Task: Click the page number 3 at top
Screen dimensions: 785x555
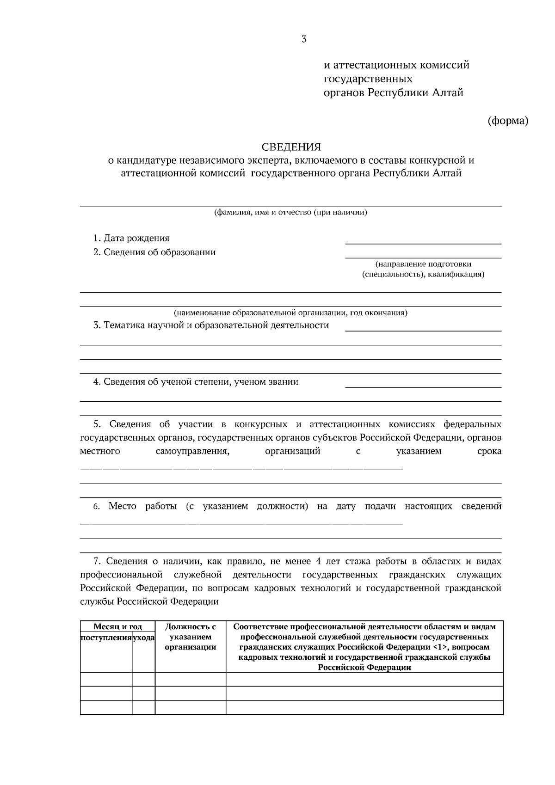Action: (304, 39)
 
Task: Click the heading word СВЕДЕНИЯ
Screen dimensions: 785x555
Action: (291, 147)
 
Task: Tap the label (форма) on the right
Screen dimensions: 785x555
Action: (508, 121)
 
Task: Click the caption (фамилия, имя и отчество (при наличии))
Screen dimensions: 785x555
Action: (290, 213)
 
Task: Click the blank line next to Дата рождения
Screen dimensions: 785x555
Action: (423, 242)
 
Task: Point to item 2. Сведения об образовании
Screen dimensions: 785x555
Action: (154, 252)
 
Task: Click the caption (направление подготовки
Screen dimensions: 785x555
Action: (423, 264)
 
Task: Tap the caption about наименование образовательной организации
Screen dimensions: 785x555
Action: (290, 313)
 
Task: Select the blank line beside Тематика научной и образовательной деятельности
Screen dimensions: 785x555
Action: (423, 330)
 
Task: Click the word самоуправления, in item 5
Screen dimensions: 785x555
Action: (192, 451)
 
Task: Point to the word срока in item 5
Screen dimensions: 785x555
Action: (489, 451)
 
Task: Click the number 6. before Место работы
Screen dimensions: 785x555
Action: (97, 507)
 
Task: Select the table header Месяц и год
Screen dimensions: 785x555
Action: (117, 627)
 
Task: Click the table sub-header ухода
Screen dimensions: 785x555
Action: (143, 638)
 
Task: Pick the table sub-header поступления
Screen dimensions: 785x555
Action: (106, 638)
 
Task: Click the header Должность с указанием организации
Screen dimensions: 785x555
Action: (191, 637)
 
